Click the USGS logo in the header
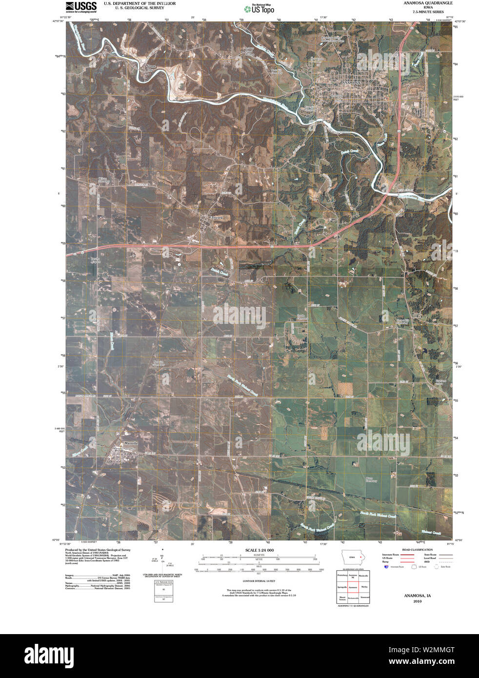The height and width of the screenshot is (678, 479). pos(81,6)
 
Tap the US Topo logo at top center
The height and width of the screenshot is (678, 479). pos(259,8)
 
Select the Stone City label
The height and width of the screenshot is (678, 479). pos(149,68)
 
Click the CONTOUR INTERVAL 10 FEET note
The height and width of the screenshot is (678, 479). pos(259,581)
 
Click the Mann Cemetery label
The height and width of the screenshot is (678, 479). pos(372,480)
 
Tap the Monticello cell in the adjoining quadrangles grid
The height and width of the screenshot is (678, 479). pos(363,576)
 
